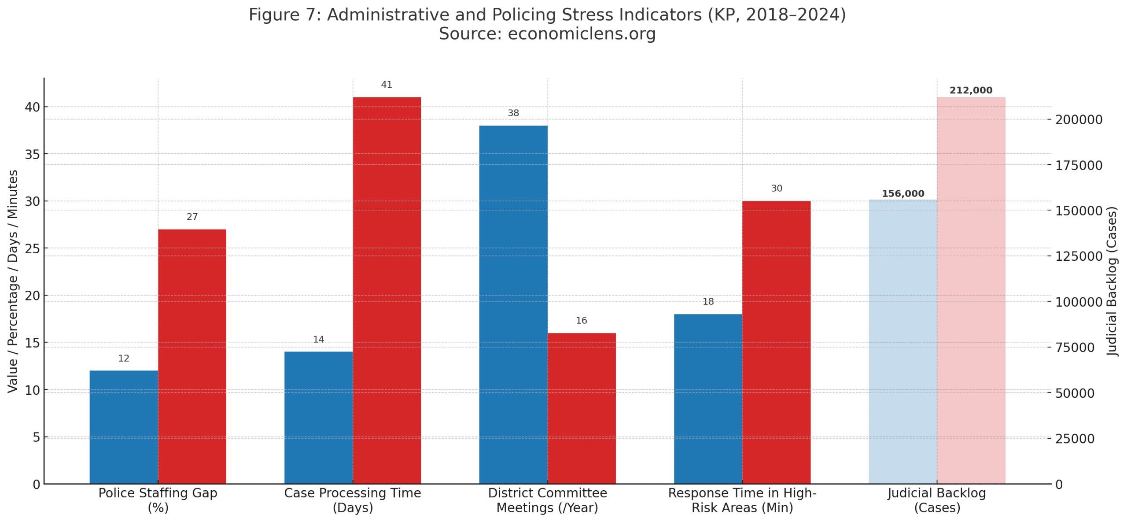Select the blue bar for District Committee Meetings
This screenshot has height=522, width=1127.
513,304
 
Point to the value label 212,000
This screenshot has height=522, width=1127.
971,90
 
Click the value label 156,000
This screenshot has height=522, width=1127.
902,194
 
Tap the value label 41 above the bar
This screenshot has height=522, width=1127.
386,85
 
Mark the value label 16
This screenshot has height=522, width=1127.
581,320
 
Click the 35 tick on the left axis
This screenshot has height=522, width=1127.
32,154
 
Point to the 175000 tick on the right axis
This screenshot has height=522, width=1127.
1079,165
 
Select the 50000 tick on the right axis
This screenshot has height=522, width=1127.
1074,393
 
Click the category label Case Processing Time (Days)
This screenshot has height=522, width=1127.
352,500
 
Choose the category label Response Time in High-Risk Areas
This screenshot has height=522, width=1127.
742,500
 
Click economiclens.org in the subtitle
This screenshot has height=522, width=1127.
581,34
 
